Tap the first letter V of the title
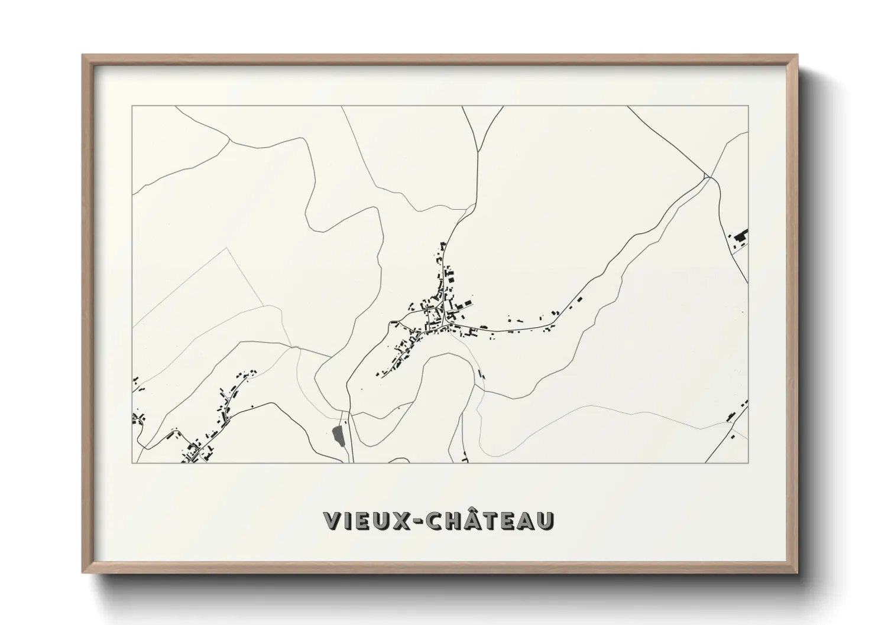click(x=332, y=520)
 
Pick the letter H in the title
click(x=453, y=520)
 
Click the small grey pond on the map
click(x=338, y=436)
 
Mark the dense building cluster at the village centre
click(x=440, y=313)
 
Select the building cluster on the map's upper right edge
click(x=740, y=238)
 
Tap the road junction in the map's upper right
click(x=707, y=176)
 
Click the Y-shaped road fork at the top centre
click(x=477, y=149)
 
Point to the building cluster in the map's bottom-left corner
click(x=195, y=452)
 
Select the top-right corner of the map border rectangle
click(x=748, y=106)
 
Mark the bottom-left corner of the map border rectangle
click(x=132, y=463)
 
